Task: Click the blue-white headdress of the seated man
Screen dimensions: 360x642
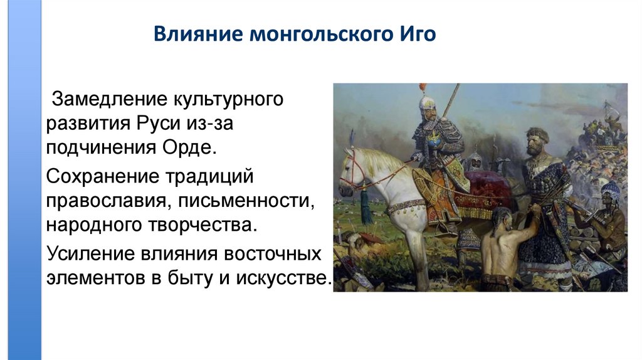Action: [609, 192]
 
